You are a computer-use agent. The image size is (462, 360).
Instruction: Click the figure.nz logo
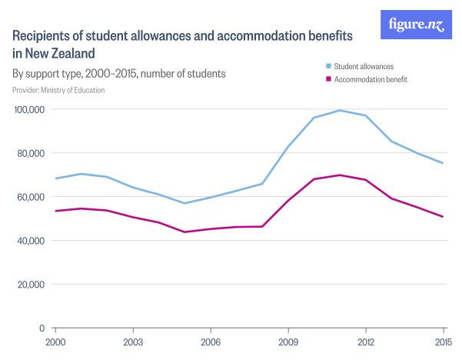coord(415,25)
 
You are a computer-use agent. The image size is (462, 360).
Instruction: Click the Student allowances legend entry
coord(359,67)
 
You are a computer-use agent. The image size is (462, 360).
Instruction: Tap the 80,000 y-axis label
coord(32,153)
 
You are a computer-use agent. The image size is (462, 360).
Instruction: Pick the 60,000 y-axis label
coord(32,197)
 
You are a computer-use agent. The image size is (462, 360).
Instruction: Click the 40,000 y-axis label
coord(32,241)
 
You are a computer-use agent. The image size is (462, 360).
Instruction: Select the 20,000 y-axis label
coord(32,285)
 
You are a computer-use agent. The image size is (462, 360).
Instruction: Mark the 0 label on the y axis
coord(44,328)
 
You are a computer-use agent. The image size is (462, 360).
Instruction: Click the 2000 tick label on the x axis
coord(55,341)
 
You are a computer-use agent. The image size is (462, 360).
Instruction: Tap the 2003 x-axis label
coord(133,341)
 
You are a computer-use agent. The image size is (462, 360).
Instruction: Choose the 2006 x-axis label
coord(211,341)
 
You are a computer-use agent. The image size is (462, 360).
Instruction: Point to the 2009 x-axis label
coord(288,341)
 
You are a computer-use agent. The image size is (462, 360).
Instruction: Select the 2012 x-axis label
coord(366,341)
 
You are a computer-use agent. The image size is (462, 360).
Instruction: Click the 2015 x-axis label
coord(443,341)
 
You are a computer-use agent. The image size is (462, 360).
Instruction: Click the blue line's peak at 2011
coord(340,110)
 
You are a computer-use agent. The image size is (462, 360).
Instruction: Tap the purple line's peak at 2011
coord(340,175)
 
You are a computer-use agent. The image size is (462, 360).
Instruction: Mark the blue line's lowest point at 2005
coord(184,203)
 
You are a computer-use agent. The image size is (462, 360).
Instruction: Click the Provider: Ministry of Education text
coord(59,90)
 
